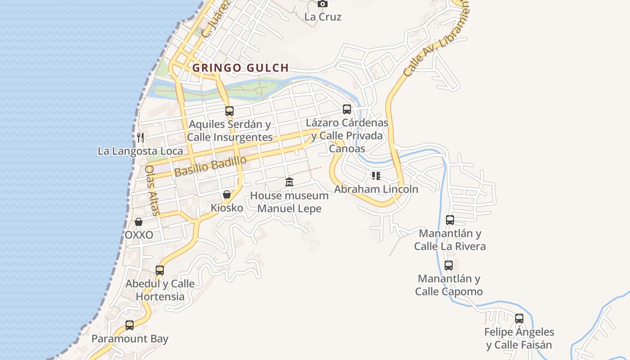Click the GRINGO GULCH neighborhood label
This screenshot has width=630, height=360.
pos(240,68)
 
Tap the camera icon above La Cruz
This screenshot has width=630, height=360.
pos(322,4)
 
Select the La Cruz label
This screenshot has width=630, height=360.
pos(323,17)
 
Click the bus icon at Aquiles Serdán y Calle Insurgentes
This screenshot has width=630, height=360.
pos(229,111)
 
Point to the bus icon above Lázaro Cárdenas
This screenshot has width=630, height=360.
pos(347,109)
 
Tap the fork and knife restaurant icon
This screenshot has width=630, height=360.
pos(140,137)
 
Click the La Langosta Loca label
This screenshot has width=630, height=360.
pos(140,151)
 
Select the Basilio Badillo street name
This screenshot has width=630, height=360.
pos(211,166)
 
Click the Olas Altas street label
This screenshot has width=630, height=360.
pos(151,190)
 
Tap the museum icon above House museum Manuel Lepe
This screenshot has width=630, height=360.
pos(289,182)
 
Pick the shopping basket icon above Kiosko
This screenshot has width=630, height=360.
pos(227,194)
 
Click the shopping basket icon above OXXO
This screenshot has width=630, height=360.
pos(139,222)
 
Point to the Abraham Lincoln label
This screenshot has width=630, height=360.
pos(376,189)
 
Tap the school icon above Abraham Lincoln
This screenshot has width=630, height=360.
pos(376,176)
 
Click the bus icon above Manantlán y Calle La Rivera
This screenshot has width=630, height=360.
pos(450,220)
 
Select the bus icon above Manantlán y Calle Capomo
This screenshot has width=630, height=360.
pos(449,265)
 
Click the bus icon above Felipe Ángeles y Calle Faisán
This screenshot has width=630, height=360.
pos(519,319)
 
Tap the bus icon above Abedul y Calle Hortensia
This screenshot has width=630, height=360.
pos(160,270)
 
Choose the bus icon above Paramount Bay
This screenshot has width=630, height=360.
pos(130,325)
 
